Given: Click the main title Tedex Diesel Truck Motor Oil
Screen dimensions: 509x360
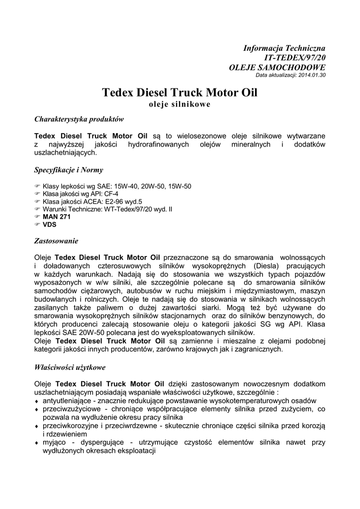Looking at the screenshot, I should pos(180,93).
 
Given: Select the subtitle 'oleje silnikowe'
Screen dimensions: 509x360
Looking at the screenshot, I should pos(180,104).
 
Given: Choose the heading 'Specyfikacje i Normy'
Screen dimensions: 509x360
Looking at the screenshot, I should pos(69,170).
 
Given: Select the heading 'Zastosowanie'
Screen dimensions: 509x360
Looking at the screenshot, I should pos(56,241).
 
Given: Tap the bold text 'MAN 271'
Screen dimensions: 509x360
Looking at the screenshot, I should pos(57,217).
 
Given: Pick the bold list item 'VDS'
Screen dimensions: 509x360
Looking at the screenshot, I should pos(50,224).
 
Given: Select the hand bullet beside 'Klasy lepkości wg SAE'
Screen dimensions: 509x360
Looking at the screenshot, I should pos(37,186).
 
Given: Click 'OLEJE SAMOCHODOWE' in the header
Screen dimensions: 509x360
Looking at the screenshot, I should pos(277,67).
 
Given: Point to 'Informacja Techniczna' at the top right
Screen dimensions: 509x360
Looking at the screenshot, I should pos(284,48).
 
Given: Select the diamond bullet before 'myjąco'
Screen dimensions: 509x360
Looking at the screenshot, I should pos(36,443).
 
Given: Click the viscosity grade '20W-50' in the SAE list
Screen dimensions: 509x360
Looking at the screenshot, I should pos(153,186).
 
